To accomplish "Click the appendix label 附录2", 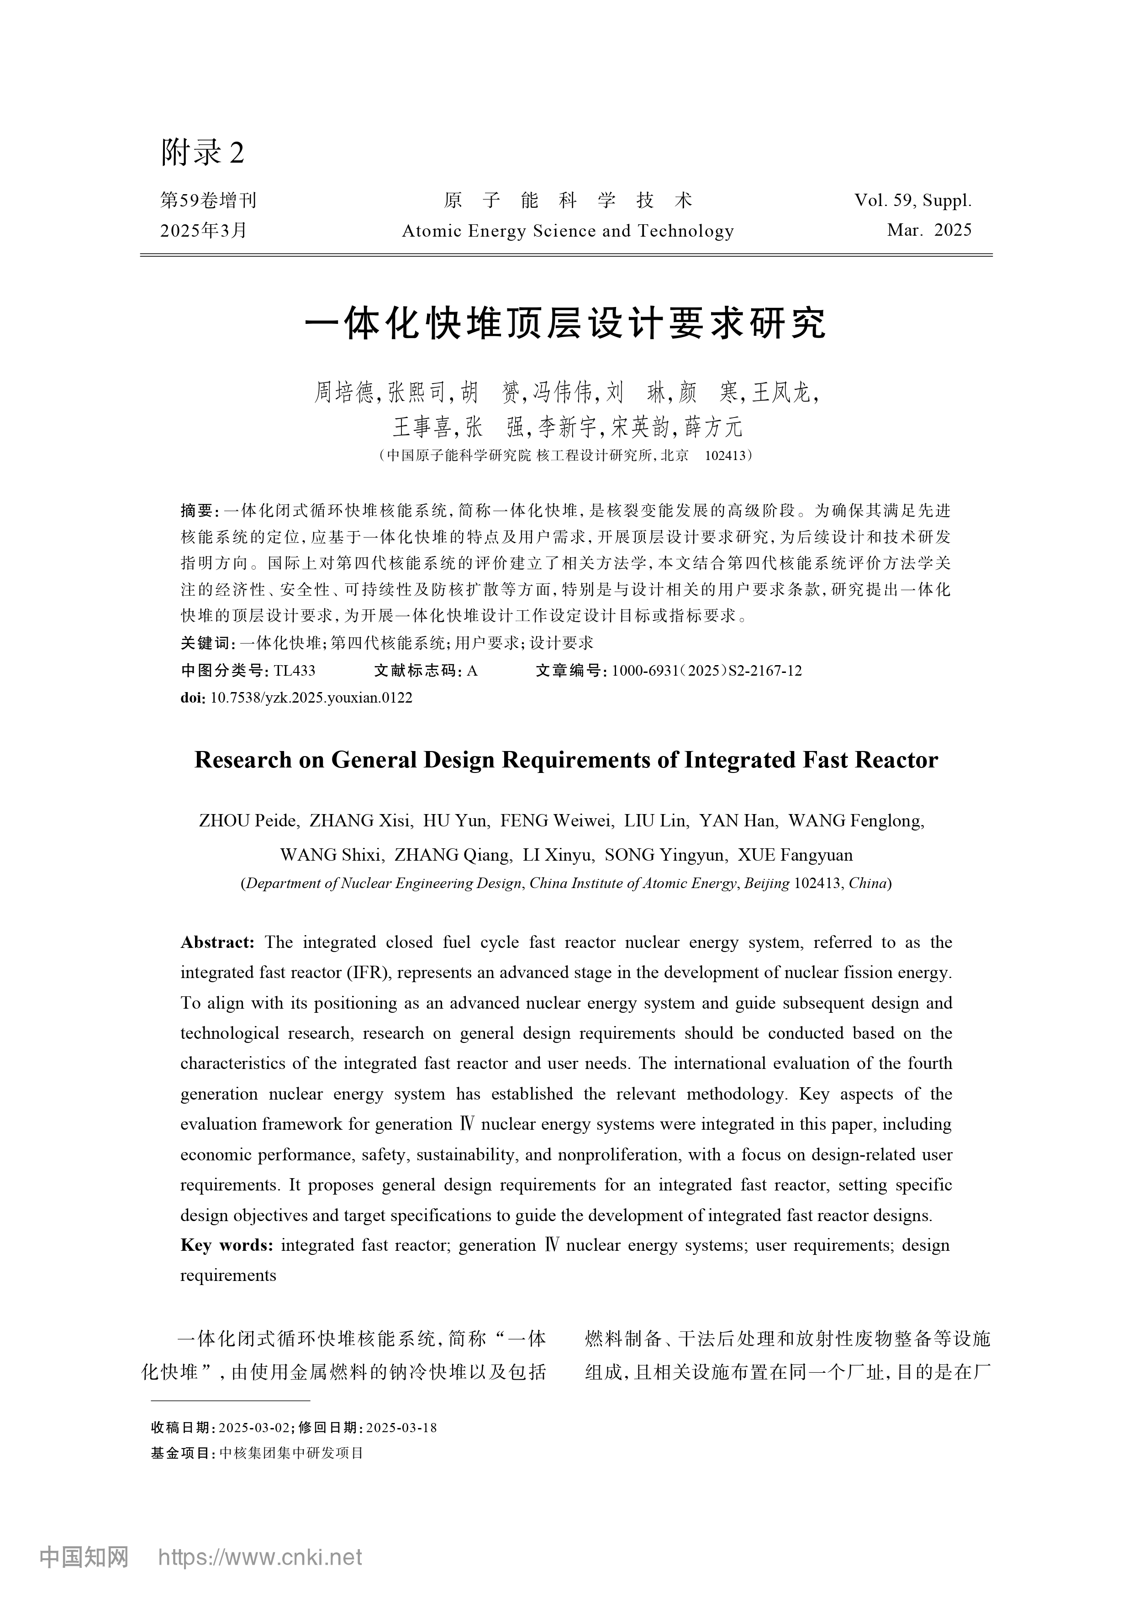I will tap(202, 152).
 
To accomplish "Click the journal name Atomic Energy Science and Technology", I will tap(568, 231).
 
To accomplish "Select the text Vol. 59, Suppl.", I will tap(912, 201).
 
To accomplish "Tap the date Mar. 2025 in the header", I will tap(929, 230).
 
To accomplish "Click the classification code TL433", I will tap(295, 671).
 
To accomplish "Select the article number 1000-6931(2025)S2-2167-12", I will tap(706, 671).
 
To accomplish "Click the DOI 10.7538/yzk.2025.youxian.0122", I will tap(311, 698).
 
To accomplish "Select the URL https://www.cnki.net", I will tap(260, 1556).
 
